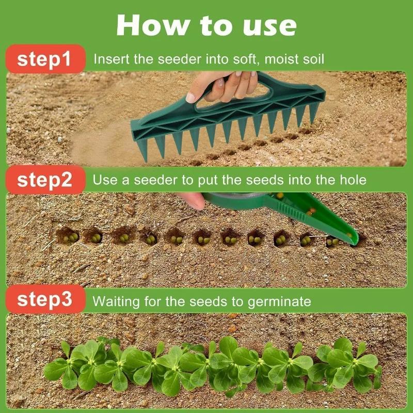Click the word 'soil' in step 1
pyautogui.click(x=314, y=59)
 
